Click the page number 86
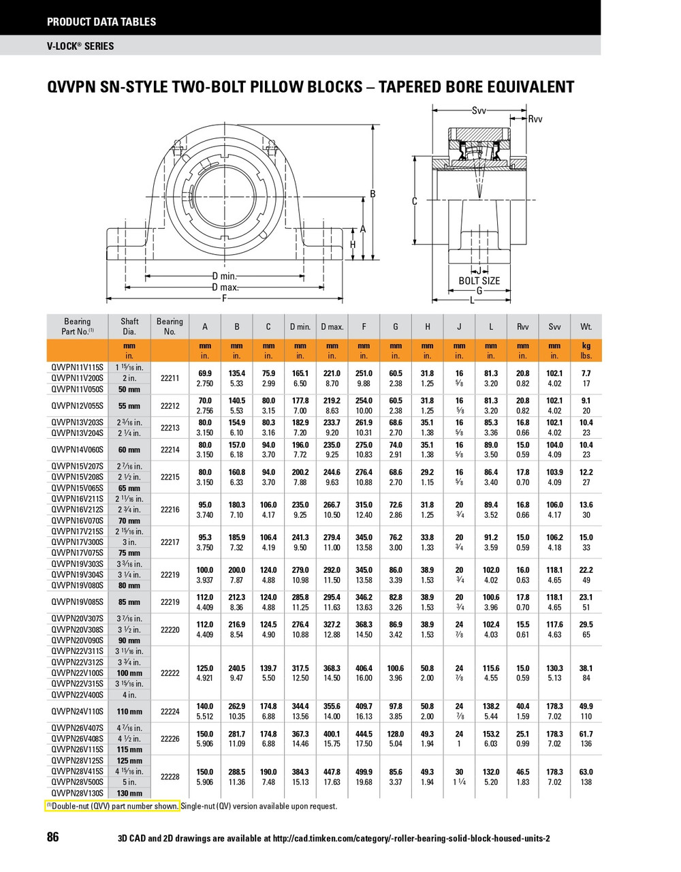[52, 837]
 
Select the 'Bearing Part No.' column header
[77, 326]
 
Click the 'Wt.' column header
[586, 327]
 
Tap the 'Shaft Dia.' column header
[129, 326]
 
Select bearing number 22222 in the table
[170, 673]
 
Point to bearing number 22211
[170, 379]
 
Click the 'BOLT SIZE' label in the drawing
[479, 281]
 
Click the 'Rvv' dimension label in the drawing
[535, 119]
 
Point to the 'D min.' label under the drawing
[224, 277]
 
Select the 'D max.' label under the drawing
[224, 287]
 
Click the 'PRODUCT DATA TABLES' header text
[101, 22]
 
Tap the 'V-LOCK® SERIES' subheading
[80, 46]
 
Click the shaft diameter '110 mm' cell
[129, 711]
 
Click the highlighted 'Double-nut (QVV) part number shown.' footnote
[113, 806]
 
